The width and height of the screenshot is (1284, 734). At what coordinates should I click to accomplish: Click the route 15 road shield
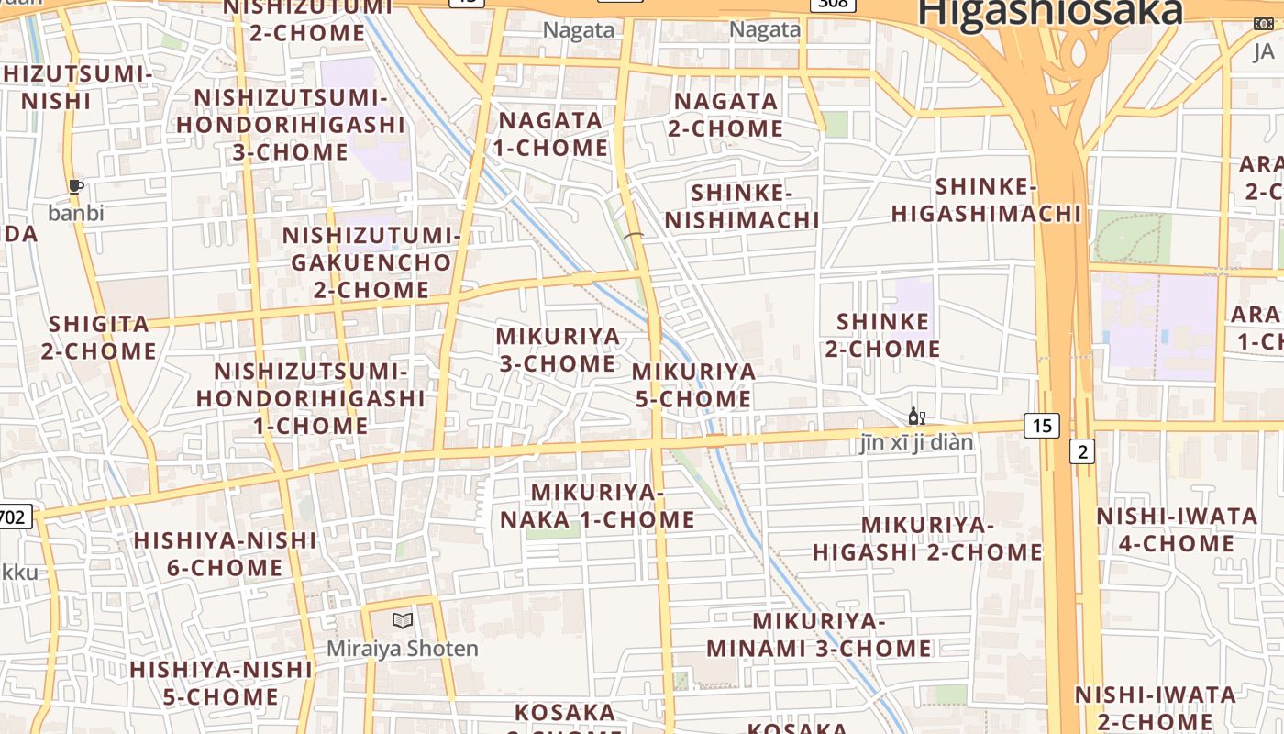[x=1041, y=426]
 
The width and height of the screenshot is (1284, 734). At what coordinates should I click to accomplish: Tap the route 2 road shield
[x=1082, y=450]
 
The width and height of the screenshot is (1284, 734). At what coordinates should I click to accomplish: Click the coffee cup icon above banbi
[x=76, y=187]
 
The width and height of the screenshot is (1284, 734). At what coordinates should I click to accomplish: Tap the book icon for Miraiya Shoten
[x=402, y=620]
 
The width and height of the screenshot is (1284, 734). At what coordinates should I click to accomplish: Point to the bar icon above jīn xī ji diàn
[x=916, y=417]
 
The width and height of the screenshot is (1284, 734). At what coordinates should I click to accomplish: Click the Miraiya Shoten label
[x=403, y=649]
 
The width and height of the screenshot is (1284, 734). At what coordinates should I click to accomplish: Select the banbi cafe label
[x=76, y=213]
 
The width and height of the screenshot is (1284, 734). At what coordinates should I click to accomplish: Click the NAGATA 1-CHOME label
[x=550, y=134]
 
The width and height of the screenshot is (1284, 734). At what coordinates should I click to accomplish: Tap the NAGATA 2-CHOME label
[x=725, y=115]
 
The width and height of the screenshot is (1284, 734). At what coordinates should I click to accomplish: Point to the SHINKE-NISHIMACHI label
[x=742, y=206]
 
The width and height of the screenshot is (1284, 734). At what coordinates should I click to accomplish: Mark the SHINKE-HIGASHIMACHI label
[x=986, y=200]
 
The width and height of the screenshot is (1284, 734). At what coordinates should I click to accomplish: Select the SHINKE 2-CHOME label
[x=882, y=335]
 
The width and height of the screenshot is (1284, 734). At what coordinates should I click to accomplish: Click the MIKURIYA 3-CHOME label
[x=558, y=350]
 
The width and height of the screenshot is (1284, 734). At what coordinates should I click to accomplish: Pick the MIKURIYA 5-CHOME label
[x=693, y=385]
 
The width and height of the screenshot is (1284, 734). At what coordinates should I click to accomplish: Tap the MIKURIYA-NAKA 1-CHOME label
[x=597, y=506]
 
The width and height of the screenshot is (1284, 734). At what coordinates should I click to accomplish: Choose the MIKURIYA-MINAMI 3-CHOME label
[x=818, y=634]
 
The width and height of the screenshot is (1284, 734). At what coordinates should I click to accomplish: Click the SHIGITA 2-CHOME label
[x=98, y=337]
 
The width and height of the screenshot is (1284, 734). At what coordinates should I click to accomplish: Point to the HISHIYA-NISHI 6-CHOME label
[x=225, y=553]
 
